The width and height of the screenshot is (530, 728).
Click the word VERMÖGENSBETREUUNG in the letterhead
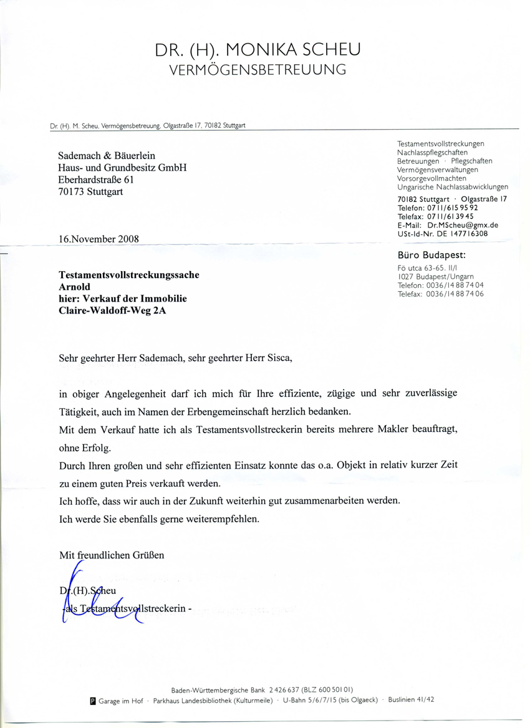[x=258, y=70]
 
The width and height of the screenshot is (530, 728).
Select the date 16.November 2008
[x=99, y=239]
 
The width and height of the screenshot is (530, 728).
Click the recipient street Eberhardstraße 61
[x=95, y=180]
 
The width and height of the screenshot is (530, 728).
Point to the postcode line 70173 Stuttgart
[x=90, y=191]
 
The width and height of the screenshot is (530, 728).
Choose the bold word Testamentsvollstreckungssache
[x=129, y=274]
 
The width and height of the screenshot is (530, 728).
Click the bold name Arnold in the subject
[x=74, y=287]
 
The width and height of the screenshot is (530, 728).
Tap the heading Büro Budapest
[x=431, y=255]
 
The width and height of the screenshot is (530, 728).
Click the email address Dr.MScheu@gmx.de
[x=463, y=225]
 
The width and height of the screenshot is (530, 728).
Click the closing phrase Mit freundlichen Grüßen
[x=112, y=555]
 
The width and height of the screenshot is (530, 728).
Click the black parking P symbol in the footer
[x=94, y=701]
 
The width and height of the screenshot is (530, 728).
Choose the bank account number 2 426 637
[x=284, y=690]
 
